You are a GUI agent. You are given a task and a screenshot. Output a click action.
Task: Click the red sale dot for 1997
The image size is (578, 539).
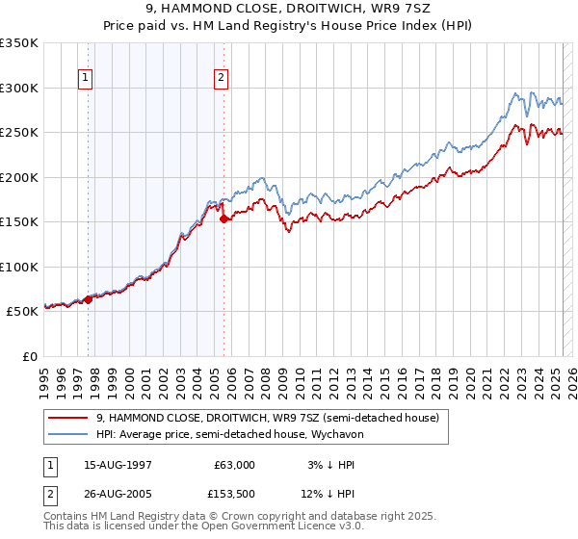[x=88, y=299]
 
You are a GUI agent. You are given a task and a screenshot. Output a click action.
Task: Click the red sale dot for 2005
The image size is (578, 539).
[x=224, y=219]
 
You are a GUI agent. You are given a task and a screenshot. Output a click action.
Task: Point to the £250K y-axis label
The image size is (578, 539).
[x=19, y=132]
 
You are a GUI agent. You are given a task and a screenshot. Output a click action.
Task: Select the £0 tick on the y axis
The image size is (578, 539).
[x=29, y=356]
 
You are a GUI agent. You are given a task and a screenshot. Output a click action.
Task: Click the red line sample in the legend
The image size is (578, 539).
[x=67, y=418]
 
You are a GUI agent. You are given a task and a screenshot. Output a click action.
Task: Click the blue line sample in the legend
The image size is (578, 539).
[x=67, y=434]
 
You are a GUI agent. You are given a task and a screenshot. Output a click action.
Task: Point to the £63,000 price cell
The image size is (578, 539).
[x=234, y=464]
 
